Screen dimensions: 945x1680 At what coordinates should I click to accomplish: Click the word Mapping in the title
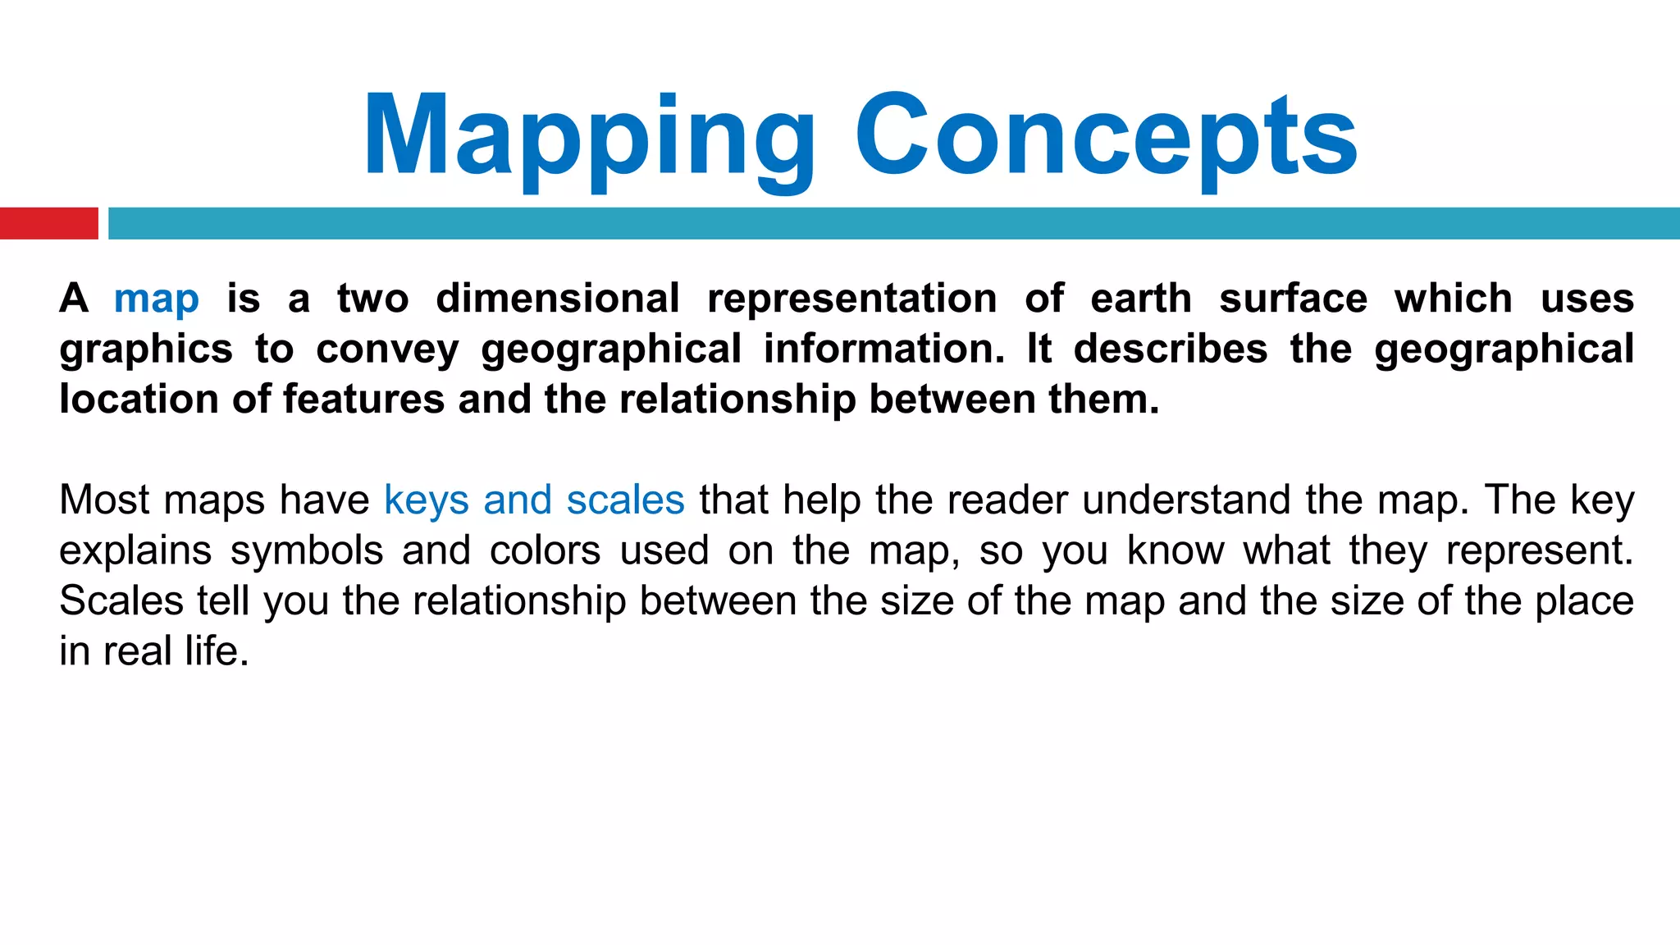click(x=588, y=137)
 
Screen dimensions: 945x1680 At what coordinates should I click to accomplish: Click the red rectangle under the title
click(x=48, y=223)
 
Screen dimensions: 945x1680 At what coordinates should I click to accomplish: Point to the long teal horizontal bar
click(x=893, y=223)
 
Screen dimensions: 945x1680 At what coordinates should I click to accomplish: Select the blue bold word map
click(x=157, y=299)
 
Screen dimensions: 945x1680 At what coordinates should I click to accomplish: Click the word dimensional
click(x=558, y=299)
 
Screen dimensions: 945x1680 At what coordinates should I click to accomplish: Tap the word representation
click(x=852, y=299)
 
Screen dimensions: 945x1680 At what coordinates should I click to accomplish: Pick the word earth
click(x=1140, y=299)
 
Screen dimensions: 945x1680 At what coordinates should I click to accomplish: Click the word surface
click(x=1293, y=299)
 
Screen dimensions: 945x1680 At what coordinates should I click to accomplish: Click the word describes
click(x=1171, y=349)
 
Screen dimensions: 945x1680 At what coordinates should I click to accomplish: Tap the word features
click(x=364, y=399)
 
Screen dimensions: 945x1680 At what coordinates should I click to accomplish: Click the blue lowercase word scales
click(x=625, y=500)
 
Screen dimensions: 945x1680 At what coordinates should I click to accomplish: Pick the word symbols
click(x=307, y=551)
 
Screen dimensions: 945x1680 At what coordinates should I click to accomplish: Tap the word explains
click(x=135, y=551)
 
